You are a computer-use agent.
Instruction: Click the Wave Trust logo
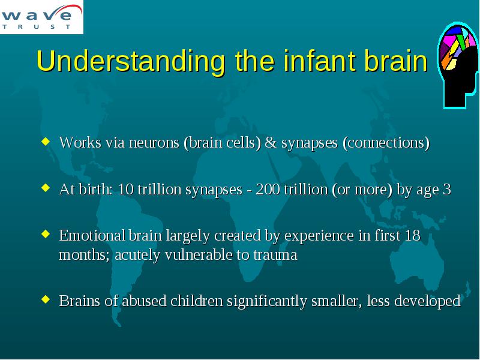coord(41,17)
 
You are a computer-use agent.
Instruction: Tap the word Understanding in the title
coord(131,61)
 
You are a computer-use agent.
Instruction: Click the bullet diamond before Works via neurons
coord(46,141)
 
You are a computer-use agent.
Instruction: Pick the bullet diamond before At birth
coord(46,188)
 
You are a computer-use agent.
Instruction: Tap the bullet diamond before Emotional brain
coord(46,234)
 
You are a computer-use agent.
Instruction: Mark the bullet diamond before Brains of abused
coord(46,299)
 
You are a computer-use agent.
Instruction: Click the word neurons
coord(154,143)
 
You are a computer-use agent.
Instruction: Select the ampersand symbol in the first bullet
coord(271,142)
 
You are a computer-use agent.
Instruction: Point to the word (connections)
coord(386,143)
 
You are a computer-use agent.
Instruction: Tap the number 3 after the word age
coord(447,189)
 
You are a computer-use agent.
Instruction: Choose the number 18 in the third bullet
coord(412,235)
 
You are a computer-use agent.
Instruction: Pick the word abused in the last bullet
coord(144,301)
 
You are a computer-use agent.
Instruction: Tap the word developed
coord(427,301)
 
